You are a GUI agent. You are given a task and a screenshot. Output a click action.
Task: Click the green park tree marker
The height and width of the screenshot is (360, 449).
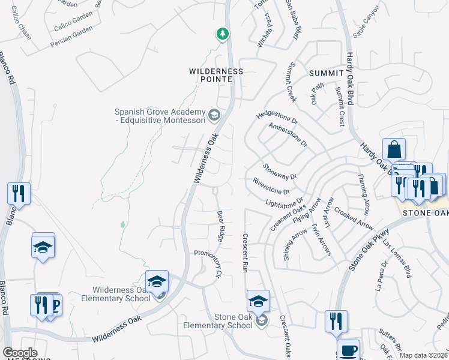click(223, 34)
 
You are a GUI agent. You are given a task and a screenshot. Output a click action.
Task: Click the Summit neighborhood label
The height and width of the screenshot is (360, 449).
click(326, 73)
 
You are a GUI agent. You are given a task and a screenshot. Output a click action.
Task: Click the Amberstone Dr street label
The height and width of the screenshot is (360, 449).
click(288, 135)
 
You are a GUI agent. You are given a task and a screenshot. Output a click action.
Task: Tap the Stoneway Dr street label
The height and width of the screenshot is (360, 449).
click(280, 171)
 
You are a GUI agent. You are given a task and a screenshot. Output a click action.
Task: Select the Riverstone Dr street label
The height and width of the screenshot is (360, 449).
click(271, 186)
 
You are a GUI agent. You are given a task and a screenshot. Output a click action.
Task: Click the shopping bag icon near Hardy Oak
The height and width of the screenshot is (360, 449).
click(394, 149)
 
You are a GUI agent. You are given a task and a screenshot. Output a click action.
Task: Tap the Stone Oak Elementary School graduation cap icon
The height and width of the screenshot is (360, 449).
click(258, 300)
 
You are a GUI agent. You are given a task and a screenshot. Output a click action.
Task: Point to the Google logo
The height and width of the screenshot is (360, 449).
click(20, 353)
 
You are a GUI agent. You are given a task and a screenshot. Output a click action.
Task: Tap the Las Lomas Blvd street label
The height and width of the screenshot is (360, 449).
click(397, 259)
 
